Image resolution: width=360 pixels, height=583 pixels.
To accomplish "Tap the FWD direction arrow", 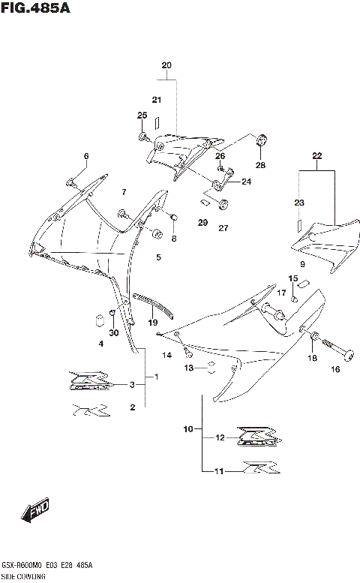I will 35,512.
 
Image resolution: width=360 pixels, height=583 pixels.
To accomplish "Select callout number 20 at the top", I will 166,65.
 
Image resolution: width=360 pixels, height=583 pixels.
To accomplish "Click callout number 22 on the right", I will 316,156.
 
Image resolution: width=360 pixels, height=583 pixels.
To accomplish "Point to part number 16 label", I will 335,369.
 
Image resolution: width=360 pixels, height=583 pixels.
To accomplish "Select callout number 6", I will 85,156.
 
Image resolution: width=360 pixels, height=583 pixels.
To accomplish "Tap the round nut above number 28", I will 262,140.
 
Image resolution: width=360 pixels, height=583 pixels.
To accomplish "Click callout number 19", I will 152,322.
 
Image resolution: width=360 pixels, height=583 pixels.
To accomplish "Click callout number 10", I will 187,429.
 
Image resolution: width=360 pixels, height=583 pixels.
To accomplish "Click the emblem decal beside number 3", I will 93,380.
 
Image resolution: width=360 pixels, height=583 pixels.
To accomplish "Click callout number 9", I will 301,265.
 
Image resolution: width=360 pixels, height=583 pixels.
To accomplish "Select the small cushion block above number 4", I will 97,321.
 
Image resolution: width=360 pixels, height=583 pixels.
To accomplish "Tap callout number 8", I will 174,239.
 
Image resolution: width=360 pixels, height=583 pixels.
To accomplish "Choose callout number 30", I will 113,333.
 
